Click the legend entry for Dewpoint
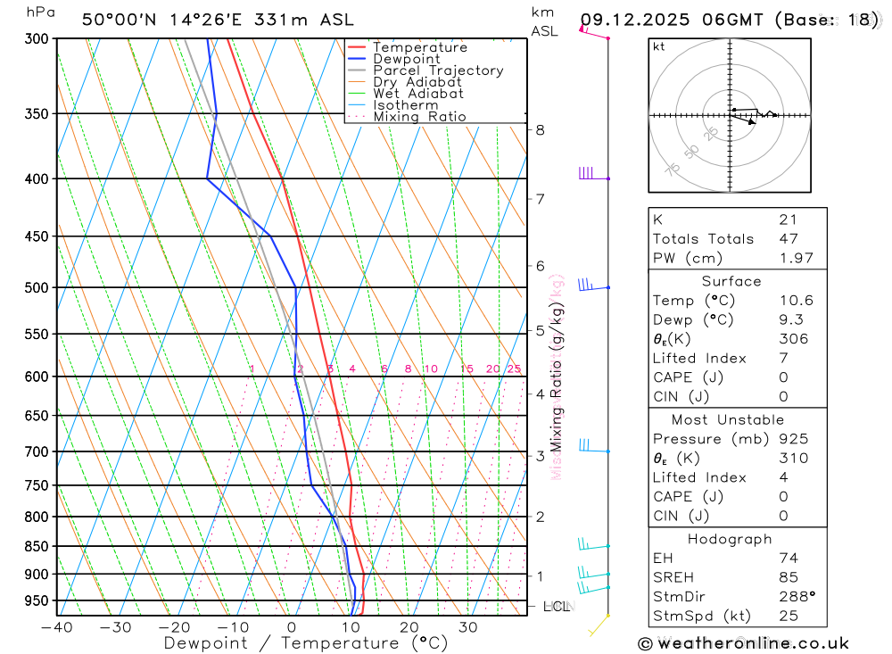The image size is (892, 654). click(x=406, y=59)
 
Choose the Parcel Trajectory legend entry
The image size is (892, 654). click(x=437, y=70)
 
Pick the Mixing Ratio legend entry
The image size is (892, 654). click(x=418, y=116)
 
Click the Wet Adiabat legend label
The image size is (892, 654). click(x=417, y=94)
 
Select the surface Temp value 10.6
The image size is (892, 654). click(x=796, y=301)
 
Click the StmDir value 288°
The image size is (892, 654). click(x=797, y=596)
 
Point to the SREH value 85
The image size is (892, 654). click(x=789, y=577)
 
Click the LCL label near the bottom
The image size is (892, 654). click(x=556, y=607)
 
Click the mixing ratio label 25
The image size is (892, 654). click(x=514, y=368)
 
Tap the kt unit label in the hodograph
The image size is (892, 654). click(x=658, y=46)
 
